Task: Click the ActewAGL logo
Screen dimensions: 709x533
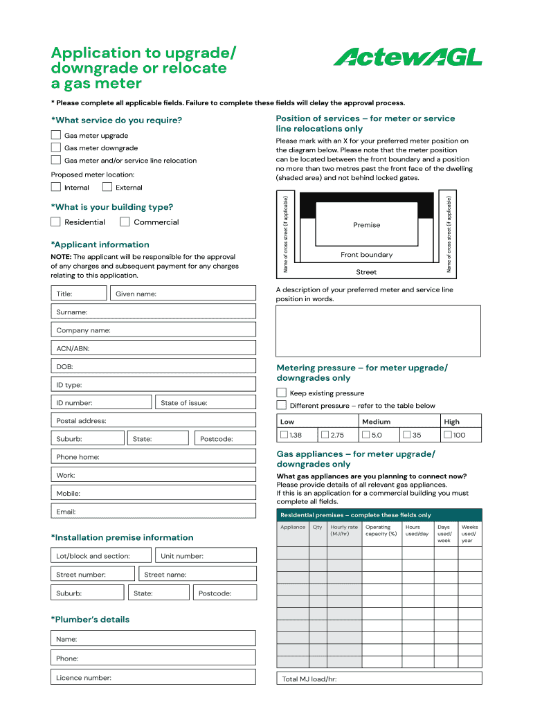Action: [x=408, y=57]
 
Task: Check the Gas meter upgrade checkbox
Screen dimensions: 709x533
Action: [x=56, y=135]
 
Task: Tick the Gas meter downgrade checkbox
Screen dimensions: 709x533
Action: [x=56, y=147]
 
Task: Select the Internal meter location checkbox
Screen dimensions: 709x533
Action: [x=56, y=187]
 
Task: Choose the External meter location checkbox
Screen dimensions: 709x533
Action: [x=107, y=187]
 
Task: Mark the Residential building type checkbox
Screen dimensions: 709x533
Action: [x=56, y=222]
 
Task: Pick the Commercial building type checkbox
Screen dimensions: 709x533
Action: [x=125, y=222]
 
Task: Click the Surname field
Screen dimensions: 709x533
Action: [x=154, y=312]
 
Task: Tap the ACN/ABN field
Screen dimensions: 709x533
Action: [x=154, y=348]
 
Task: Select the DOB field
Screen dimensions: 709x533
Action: [x=154, y=366]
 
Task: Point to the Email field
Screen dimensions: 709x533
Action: [x=154, y=512]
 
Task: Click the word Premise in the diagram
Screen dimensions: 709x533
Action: [x=367, y=225]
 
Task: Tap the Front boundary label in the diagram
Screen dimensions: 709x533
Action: [x=367, y=255]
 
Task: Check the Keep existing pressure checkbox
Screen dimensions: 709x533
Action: [x=282, y=393]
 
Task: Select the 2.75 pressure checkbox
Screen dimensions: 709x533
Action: [x=325, y=435]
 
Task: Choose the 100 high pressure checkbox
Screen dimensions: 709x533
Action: [x=448, y=435]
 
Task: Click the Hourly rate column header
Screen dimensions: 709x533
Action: [x=344, y=530]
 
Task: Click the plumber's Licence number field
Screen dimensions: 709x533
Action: [x=154, y=678]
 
